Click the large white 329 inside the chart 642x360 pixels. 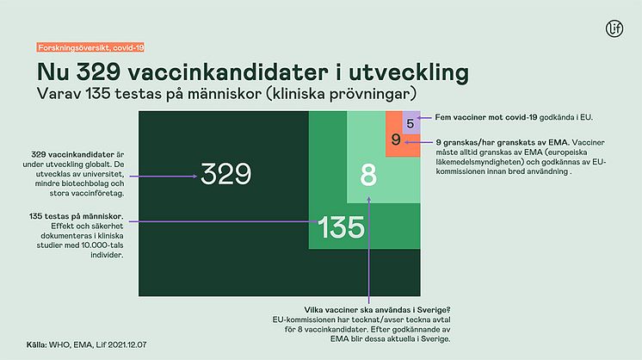[x=225, y=174]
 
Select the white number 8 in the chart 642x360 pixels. [x=368, y=176]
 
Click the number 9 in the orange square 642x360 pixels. [x=395, y=140]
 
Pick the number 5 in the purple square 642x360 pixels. [x=411, y=123]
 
